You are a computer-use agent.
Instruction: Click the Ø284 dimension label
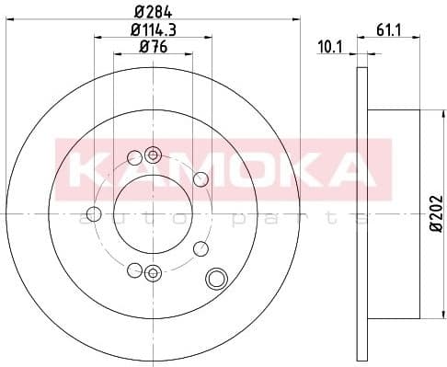pos(153,13)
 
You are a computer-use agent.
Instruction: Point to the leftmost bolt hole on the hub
pos(92,215)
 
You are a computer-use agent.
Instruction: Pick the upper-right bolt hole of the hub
pos(201,178)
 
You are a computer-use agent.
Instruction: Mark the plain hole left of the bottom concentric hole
pos(135,270)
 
